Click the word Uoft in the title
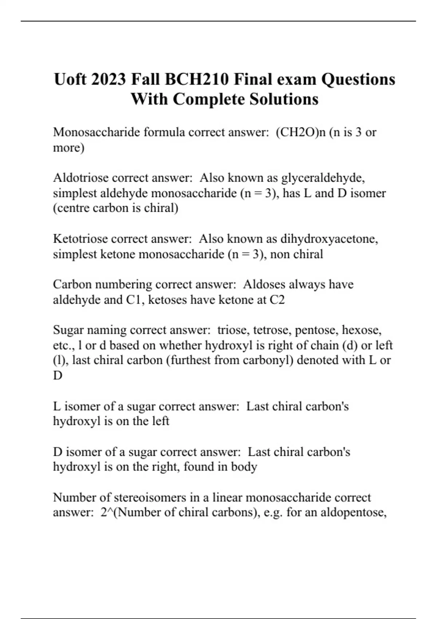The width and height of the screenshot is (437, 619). pos(70,79)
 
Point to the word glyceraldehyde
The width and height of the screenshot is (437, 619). pos(323,178)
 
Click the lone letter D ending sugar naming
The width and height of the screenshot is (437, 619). pos(58,376)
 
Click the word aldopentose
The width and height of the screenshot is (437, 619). pos(349,513)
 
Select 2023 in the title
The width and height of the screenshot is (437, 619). pos(109,79)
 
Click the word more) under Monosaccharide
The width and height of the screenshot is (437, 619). pos(68,148)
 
